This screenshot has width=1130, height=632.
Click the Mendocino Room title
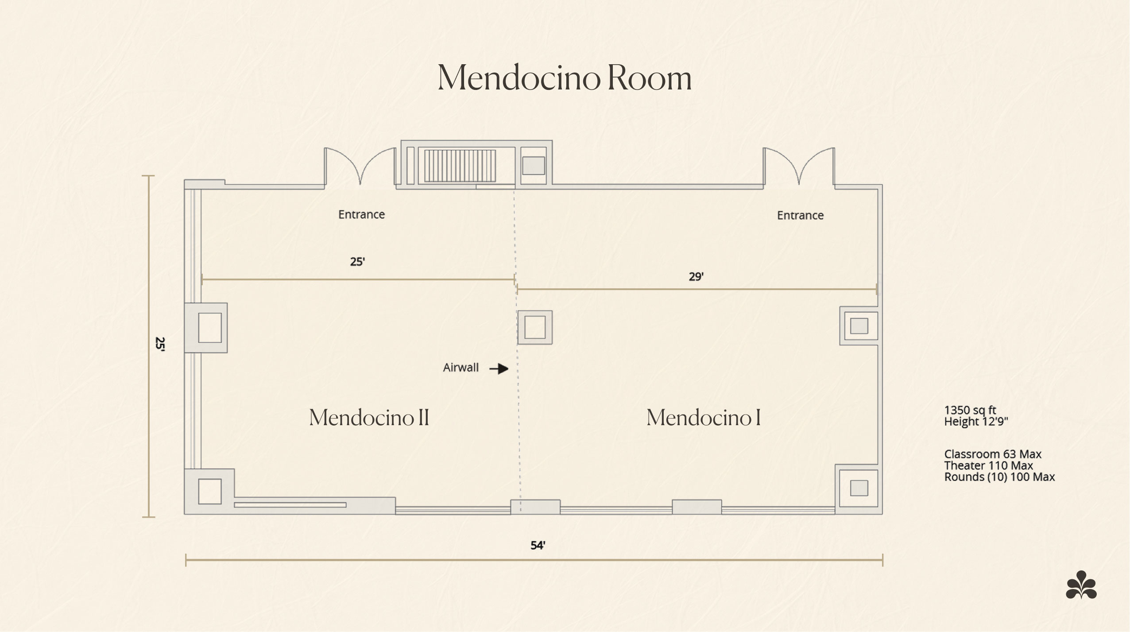point(565,78)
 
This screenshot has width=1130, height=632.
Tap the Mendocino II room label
point(369,417)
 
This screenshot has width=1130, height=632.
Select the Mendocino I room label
point(704,417)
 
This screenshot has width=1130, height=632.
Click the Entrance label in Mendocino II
point(361,214)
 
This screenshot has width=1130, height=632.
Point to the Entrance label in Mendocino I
point(800,215)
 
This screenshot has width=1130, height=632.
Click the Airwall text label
point(461,368)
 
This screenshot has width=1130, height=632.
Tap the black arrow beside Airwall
point(499,368)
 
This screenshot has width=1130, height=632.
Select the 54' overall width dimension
point(538,545)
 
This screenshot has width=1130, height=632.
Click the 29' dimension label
point(696,277)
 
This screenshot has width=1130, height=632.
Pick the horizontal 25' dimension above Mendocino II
point(357,262)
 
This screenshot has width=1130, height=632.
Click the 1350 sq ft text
point(970,410)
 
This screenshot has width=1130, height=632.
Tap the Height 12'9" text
point(976,421)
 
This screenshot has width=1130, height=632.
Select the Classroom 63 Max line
point(993,454)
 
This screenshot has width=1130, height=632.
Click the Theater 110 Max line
point(988,465)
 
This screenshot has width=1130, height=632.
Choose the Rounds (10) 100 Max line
point(999,477)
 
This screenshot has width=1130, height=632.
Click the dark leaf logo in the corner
point(1081,585)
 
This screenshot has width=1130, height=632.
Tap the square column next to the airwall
point(535,328)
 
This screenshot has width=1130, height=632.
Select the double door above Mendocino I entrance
point(799,166)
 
